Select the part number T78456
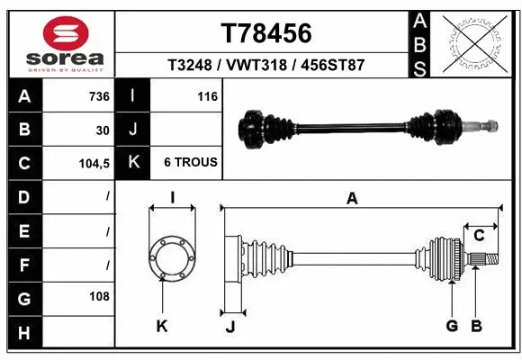pyautogui.click(x=266, y=33)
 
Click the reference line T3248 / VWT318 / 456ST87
pyautogui.click(x=265, y=65)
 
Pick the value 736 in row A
pyautogui.click(x=98, y=96)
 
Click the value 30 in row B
pyautogui.click(x=103, y=130)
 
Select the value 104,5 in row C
pyautogui.click(x=94, y=163)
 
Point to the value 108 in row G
pyautogui.click(x=99, y=296)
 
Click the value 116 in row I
pyautogui.click(x=207, y=96)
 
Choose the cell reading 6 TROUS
pyautogui.click(x=190, y=163)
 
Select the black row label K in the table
pyautogui.click(x=133, y=163)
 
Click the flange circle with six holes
pyautogui.click(x=171, y=257)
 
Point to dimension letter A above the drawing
pyautogui.click(x=352, y=199)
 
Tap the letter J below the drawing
pyautogui.click(x=230, y=327)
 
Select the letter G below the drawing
pyautogui.click(x=452, y=326)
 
